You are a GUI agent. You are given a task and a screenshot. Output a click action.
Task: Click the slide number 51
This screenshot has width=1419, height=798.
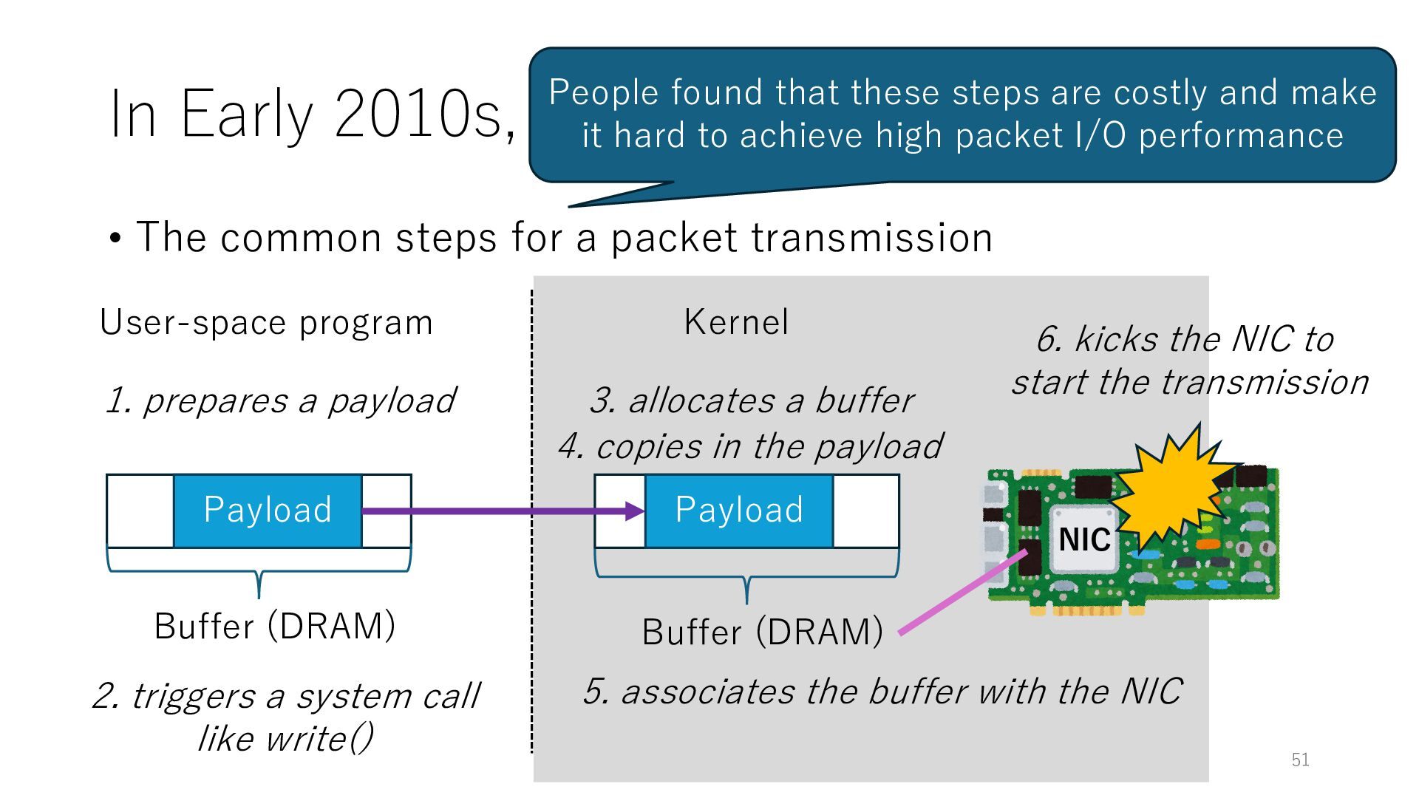pos(1300,760)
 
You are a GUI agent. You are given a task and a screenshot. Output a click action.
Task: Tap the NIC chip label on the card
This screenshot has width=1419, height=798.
pos(1083,539)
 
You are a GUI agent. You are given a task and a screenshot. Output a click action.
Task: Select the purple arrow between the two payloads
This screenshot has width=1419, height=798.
pos(503,511)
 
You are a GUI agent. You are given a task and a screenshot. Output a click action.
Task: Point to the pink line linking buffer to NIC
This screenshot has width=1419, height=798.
pos(961,592)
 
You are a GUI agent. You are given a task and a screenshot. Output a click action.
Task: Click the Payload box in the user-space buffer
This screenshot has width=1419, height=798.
pos(268,511)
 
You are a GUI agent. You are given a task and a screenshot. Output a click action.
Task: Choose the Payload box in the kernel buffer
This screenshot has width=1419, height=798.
pos(739,511)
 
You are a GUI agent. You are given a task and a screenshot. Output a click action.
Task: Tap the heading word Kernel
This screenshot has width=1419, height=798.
pos(736,322)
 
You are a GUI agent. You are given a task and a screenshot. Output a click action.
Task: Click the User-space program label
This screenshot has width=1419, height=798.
pos(266,323)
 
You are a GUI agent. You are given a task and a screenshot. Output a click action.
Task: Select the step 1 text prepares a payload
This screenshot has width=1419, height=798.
pos(281,400)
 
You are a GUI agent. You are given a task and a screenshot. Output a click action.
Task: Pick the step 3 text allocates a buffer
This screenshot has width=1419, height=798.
pos(752,400)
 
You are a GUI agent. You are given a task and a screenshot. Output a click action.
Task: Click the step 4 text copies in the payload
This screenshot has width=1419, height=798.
pos(750,446)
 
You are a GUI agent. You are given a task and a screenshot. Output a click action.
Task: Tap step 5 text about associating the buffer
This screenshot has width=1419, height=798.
pos(882,692)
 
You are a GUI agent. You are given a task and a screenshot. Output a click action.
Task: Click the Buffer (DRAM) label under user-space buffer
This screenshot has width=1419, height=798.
pos(275,627)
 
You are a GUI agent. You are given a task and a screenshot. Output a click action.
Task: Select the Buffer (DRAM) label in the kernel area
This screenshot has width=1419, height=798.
pos(762,632)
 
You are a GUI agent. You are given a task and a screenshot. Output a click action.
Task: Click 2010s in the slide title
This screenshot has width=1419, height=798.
pos(424,115)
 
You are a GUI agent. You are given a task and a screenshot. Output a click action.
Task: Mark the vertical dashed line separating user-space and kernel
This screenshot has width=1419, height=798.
pos(531,517)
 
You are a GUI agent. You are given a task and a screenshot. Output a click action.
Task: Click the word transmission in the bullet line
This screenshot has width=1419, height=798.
pos(871,238)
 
